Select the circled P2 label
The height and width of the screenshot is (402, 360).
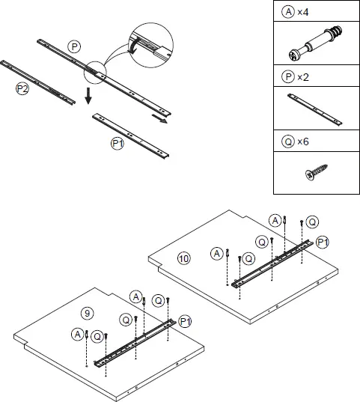(22, 88)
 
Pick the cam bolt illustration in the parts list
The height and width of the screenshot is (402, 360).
(314, 45)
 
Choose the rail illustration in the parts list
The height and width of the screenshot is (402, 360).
(314, 109)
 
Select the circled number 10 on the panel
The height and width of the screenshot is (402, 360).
(184, 258)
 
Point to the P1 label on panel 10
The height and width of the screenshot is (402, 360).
(323, 242)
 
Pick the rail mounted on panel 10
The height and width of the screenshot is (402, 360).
(272, 262)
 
